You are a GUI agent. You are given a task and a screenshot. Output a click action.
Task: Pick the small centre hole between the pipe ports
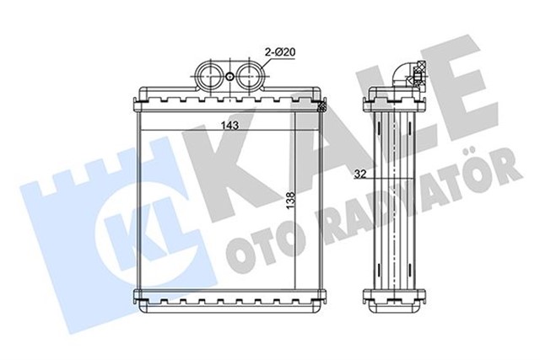pos(230,78)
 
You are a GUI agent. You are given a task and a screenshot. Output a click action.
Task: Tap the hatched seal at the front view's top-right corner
pos(320,106)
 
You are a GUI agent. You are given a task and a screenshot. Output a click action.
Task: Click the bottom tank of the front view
pos(229,296)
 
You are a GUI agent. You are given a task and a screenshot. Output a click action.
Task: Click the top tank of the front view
pos(229,99)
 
